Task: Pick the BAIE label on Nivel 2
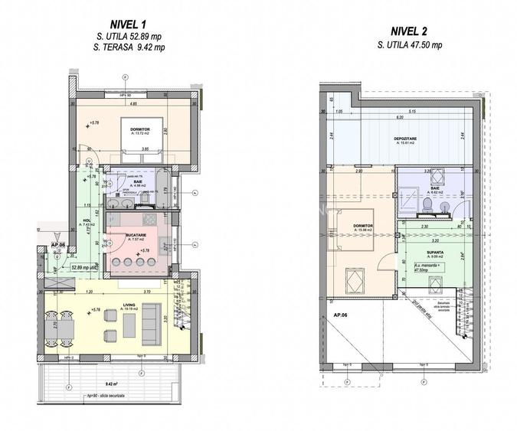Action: [435, 188]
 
